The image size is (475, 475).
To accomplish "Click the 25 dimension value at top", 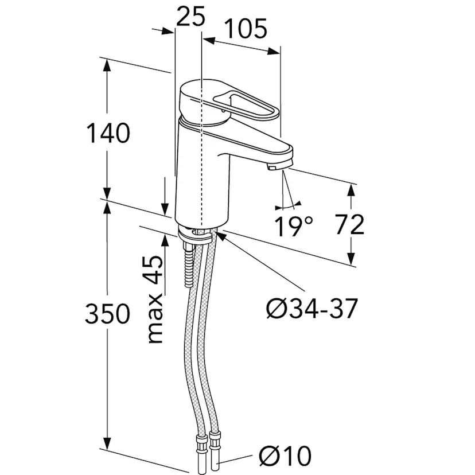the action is click(190, 17).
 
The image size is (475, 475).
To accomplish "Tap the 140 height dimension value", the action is click(108, 133).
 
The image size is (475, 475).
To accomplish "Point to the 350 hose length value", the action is click(107, 314).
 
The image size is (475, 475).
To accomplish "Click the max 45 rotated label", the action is click(155, 299).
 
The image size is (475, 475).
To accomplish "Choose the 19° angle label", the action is click(293, 226).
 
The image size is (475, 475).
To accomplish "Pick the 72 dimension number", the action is click(349, 224).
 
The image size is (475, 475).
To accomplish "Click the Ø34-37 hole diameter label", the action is click(312, 309).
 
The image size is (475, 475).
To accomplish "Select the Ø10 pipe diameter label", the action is click(285, 455).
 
